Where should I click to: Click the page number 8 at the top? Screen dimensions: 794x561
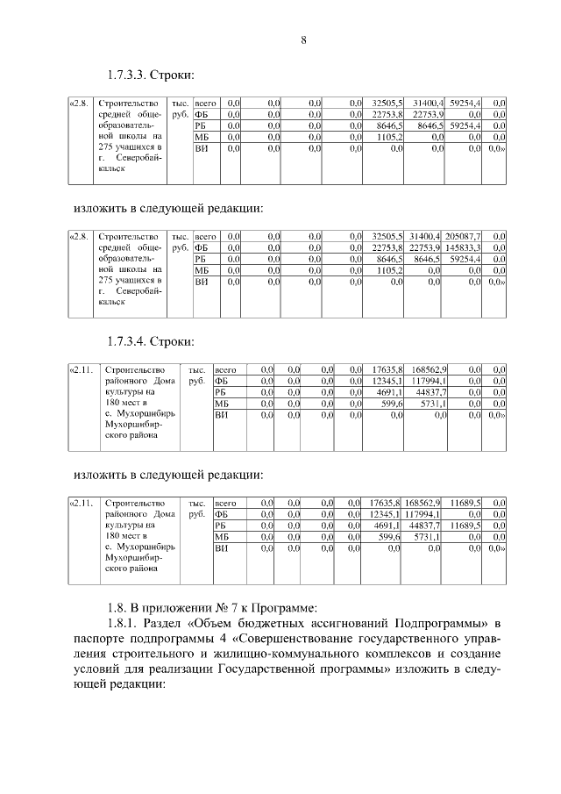[302, 38]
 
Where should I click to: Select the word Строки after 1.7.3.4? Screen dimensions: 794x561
[169, 340]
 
